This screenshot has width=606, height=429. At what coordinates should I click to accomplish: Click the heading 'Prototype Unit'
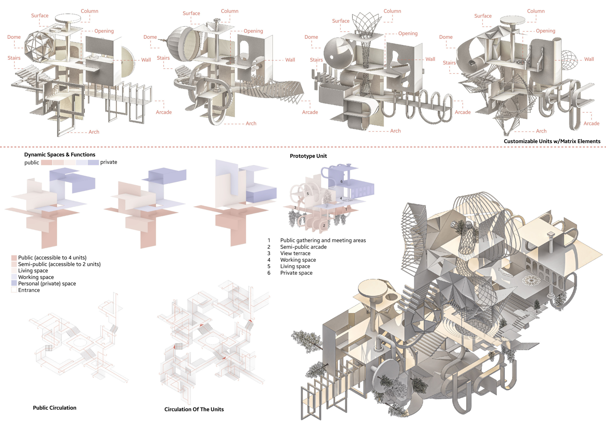(x=308, y=156)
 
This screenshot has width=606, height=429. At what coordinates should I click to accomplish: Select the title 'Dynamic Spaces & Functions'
(x=60, y=155)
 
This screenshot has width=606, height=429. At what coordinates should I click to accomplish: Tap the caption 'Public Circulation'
(x=55, y=408)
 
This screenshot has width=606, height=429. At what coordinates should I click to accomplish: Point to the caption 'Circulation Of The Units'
(x=194, y=409)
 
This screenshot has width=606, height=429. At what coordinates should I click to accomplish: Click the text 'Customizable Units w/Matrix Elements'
(x=552, y=141)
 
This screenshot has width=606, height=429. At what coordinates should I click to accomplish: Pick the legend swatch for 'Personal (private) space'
(x=14, y=283)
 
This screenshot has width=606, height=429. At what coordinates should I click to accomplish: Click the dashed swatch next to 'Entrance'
(x=14, y=290)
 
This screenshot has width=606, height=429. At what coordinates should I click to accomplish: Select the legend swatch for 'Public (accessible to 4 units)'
(x=14, y=258)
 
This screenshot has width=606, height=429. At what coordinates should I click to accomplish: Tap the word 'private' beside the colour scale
(x=109, y=162)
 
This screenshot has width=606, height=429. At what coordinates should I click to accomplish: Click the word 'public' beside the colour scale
(x=32, y=163)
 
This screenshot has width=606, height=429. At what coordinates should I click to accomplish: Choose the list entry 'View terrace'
(x=295, y=253)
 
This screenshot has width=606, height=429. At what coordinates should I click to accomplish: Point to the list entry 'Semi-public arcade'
(x=303, y=247)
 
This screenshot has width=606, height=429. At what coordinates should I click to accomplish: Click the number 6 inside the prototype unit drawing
(x=341, y=182)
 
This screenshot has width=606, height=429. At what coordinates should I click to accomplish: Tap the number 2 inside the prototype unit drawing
(x=324, y=226)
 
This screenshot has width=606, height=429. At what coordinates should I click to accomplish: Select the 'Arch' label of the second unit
(x=251, y=124)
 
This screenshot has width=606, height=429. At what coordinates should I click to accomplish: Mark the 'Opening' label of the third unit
(x=408, y=33)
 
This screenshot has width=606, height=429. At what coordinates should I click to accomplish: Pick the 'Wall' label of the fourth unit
(x=589, y=59)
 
